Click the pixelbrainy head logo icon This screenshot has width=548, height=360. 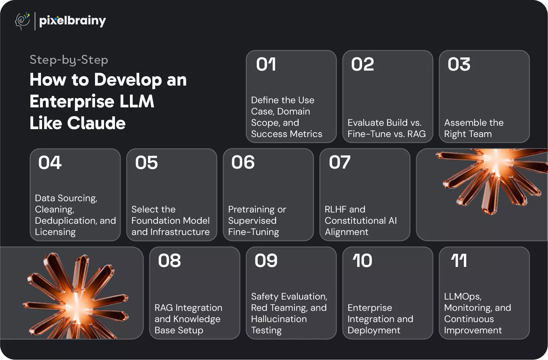pyautogui.click(x=22, y=21)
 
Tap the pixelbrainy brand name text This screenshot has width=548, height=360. pyautogui.click(x=72, y=21)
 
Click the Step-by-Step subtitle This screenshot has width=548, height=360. pyautogui.click(x=69, y=60)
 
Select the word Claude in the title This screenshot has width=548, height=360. pyautogui.click(x=97, y=123)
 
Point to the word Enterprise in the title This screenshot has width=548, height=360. pyautogui.click(x=72, y=101)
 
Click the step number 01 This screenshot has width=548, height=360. pyautogui.click(x=266, y=64)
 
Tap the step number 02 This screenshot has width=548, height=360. pyautogui.click(x=362, y=64)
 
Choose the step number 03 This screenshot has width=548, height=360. pyautogui.click(x=459, y=64)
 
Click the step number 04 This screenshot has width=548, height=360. pyautogui.click(x=50, y=163)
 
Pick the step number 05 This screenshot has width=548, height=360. pyautogui.click(x=146, y=163)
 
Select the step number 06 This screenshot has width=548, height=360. pyautogui.click(x=243, y=162)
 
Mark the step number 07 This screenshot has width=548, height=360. pyautogui.click(x=340, y=162)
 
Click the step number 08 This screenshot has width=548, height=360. pyautogui.click(x=169, y=261)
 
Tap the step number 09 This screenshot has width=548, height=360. pyautogui.click(x=266, y=261)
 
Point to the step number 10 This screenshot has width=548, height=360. pyautogui.click(x=362, y=261)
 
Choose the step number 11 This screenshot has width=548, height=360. pyautogui.click(x=459, y=261)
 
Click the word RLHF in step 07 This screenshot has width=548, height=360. pyautogui.click(x=334, y=209)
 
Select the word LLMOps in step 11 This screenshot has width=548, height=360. pyautogui.click(x=463, y=297)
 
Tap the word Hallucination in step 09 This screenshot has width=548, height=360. pyautogui.click(x=279, y=319)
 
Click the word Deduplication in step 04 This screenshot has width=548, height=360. pyautogui.click(x=66, y=221)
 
